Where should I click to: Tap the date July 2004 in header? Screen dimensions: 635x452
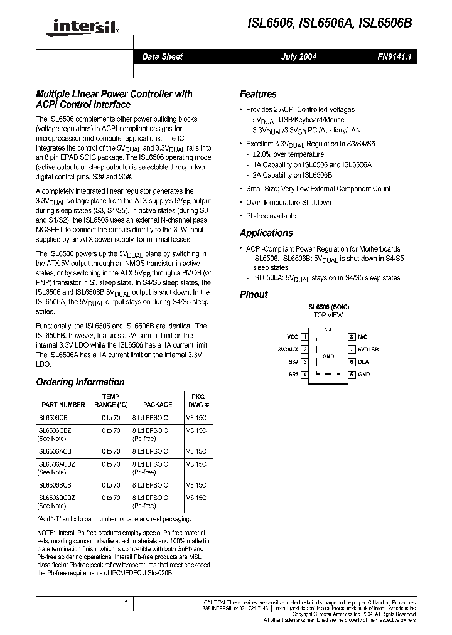point(298,56)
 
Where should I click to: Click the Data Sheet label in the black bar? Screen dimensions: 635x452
point(162,56)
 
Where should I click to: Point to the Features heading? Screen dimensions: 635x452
point(258,95)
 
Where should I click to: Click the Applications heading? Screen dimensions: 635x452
point(266,233)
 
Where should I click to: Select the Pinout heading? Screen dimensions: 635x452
point(254,295)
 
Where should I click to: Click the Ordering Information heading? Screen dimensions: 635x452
point(80,382)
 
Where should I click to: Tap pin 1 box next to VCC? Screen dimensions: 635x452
point(304,337)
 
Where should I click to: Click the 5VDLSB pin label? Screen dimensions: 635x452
point(369,350)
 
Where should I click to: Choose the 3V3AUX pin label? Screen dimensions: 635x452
point(288,350)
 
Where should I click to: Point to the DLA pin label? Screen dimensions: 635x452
point(363,362)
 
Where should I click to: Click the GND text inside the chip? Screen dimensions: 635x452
point(328,356)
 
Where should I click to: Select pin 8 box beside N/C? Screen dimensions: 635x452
point(352,337)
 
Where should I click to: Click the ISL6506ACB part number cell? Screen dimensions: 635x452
point(53,451)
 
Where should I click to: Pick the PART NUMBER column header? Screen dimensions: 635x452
point(63,405)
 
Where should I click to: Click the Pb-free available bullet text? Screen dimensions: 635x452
point(271,216)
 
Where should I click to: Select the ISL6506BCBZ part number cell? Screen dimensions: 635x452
point(55,498)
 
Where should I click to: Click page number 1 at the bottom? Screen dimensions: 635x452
point(126,603)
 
